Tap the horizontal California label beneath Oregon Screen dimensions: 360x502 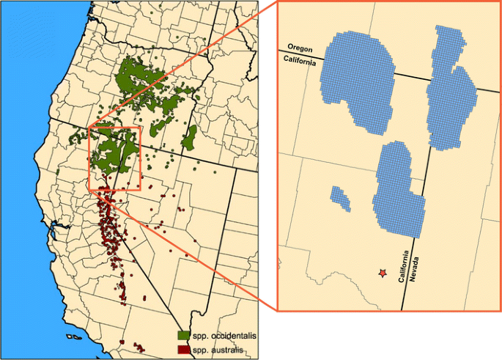pyautogui.click(x=300, y=63)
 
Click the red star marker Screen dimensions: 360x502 pyautogui.click(x=382, y=273)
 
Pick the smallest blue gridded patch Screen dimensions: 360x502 pyautogui.click(x=339, y=196)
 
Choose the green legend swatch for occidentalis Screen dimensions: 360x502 pyautogui.click(x=183, y=335)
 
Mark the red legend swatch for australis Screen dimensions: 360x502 pyautogui.click(x=183, y=349)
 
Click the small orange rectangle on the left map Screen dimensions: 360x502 pyautogui.click(x=89, y=158)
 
